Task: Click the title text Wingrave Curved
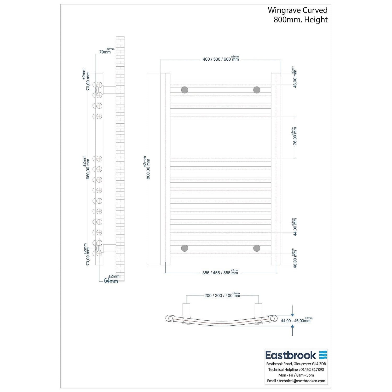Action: tap(297, 10)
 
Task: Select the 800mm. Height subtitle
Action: tap(301, 20)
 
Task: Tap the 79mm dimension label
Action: tap(105, 52)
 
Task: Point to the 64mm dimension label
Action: tap(111, 281)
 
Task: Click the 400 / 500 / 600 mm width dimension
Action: tap(221, 59)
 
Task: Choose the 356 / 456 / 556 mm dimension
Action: tap(220, 273)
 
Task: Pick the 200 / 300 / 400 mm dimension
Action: tap(222, 296)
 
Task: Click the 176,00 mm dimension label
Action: tap(295, 137)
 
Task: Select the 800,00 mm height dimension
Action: tap(148, 169)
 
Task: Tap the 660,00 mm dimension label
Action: tap(88, 169)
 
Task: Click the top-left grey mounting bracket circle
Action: tap(185, 90)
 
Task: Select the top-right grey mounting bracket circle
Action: tap(257, 90)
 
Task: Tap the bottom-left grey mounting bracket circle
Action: tap(185, 248)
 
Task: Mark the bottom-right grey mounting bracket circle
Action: tap(257, 248)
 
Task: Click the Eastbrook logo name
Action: tap(291, 355)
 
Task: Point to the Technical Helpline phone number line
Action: tap(296, 370)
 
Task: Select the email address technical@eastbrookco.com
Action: tap(302, 381)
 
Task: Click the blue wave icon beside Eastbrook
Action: tap(323, 355)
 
